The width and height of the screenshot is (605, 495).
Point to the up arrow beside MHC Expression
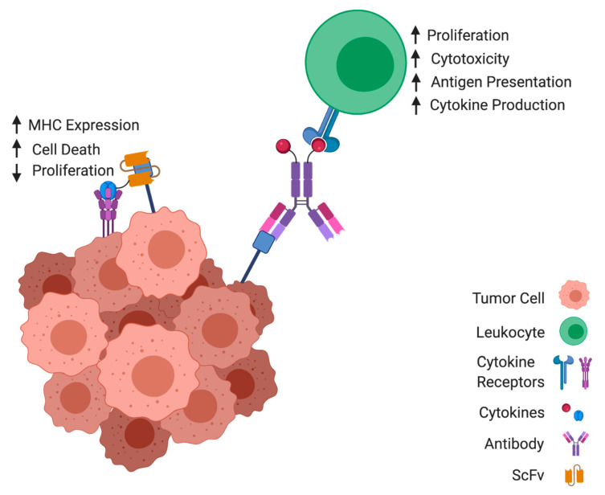pyautogui.click(x=16, y=125)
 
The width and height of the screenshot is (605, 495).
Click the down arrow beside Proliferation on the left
pyautogui.click(x=16, y=171)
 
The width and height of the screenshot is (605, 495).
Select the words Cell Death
pyautogui.click(x=67, y=149)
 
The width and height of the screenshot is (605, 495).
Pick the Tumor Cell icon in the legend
pyautogui.click(x=574, y=297)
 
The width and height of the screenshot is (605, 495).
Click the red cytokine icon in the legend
pyautogui.click(x=564, y=411)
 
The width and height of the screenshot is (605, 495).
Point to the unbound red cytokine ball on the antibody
pyautogui.click(x=283, y=146)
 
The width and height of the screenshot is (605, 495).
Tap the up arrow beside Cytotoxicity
pyautogui.click(x=415, y=58)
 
